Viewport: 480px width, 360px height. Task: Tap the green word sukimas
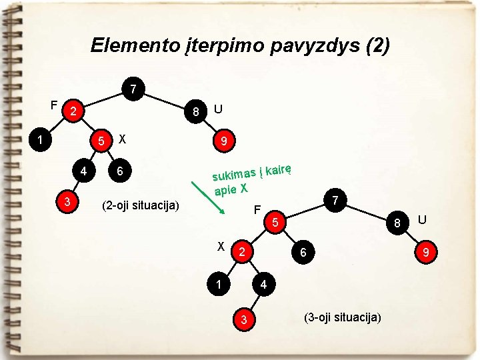pos(236,174)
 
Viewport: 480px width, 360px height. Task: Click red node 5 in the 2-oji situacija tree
pos(101,142)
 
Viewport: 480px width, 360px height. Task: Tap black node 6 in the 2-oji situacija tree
pos(119,171)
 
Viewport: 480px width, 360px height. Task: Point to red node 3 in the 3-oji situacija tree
pos(245,321)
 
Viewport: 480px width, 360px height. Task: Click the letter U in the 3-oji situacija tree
pos(421,219)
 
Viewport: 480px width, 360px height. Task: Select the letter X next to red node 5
pos(122,139)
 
